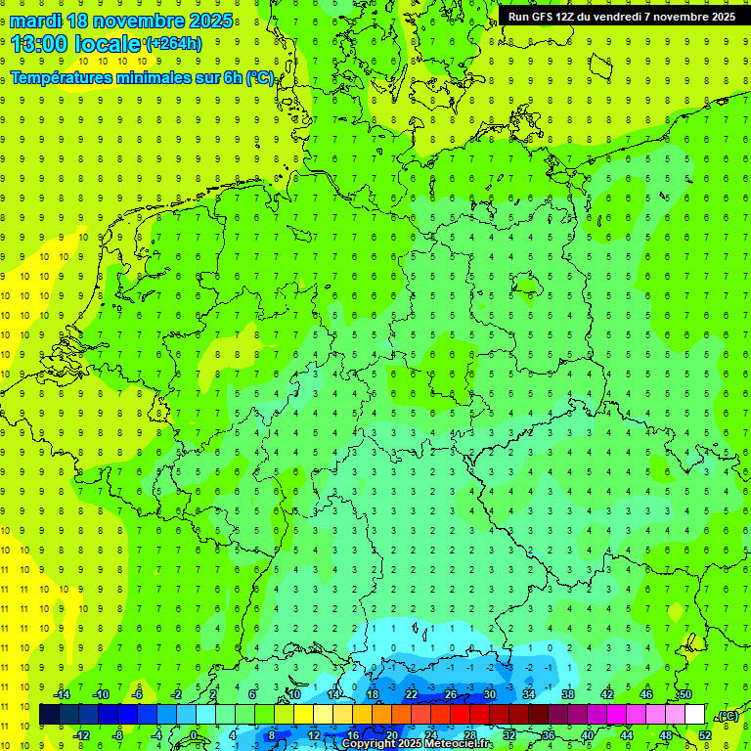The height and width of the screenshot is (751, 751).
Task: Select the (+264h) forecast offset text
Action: point(173,44)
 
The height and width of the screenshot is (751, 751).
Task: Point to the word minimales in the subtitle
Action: point(163,77)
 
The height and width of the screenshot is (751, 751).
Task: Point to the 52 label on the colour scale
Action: point(705,735)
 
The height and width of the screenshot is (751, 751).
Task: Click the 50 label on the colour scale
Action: point(685,694)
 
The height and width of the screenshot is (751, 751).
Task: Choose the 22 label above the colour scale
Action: point(412,694)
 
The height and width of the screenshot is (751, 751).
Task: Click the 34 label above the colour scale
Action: point(528,694)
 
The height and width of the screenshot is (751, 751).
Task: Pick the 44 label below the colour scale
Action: point(627,735)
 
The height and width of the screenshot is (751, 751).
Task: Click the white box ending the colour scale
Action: point(694,715)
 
